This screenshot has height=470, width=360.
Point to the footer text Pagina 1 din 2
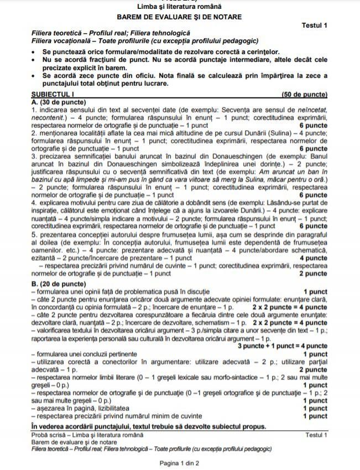point(180,462)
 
